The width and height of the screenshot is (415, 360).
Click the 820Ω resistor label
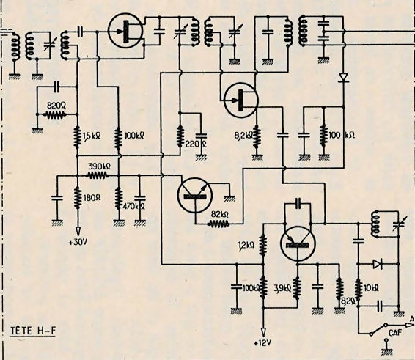(56, 106)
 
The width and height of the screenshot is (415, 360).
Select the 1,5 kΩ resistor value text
(92, 136)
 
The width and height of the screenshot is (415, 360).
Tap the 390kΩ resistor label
(99, 166)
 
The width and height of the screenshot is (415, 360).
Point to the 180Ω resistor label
(92, 197)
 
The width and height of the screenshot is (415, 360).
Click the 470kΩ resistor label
(134, 206)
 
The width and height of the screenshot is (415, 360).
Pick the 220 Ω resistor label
(196, 144)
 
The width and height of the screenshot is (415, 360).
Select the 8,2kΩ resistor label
(244, 136)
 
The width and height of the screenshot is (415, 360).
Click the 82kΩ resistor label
(220, 214)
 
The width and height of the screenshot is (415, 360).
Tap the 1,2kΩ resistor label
(246, 246)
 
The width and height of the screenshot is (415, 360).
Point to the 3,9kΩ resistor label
(282, 288)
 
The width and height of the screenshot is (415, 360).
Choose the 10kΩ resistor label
(371, 288)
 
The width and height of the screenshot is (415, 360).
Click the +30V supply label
(78, 242)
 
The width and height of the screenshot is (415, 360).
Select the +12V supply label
(262, 343)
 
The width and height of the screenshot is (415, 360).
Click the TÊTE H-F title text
(33, 331)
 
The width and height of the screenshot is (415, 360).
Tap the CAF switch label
(395, 332)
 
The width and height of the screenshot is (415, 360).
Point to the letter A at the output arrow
(411, 319)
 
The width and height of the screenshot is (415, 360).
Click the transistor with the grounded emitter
(194, 195)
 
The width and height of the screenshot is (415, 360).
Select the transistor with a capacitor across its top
(298, 244)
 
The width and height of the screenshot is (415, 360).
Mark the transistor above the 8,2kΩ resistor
(240, 100)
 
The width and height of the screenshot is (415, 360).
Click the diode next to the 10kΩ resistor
(378, 264)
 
